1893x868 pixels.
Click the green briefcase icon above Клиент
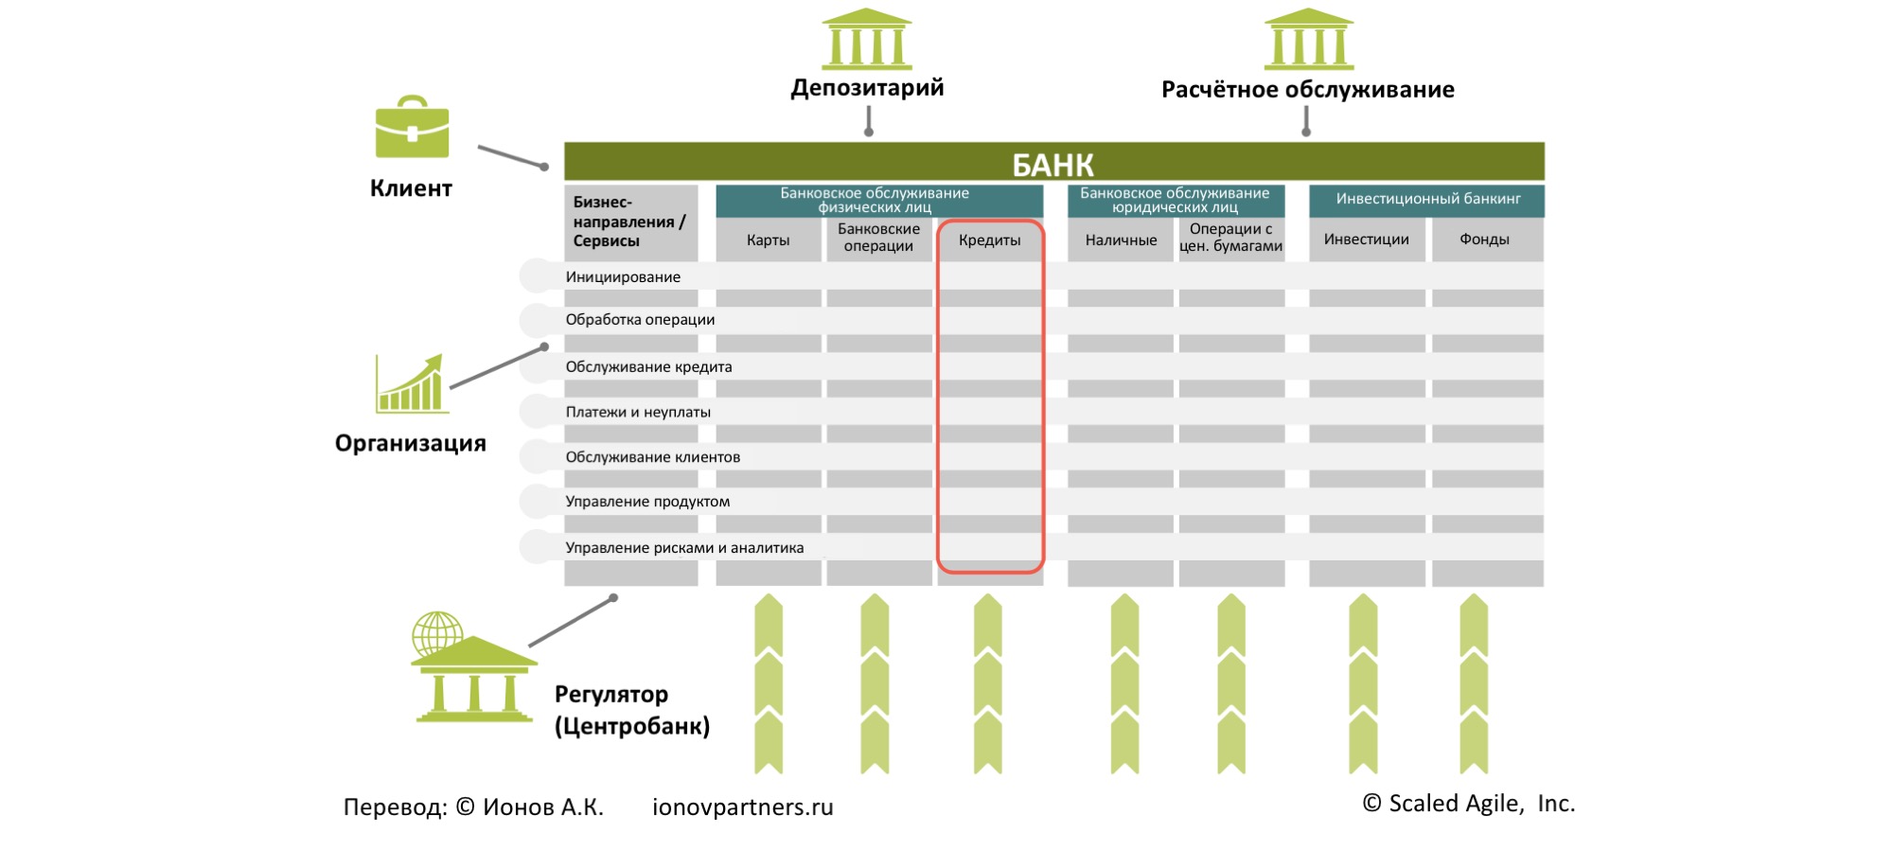(x=412, y=127)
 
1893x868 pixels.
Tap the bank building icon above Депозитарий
(x=867, y=40)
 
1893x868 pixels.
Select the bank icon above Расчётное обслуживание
(x=1309, y=40)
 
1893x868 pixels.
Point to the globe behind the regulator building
(x=436, y=631)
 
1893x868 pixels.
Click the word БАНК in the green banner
(x=1053, y=165)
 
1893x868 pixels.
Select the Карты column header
(x=768, y=240)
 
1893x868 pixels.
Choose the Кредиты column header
(x=989, y=240)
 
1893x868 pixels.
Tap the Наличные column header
(x=1121, y=240)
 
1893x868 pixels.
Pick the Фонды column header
(x=1484, y=239)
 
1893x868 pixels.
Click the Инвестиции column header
(x=1366, y=239)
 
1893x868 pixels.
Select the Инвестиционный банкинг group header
(x=1427, y=199)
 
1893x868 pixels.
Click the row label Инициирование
(x=623, y=277)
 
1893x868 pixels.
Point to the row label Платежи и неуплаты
(x=638, y=413)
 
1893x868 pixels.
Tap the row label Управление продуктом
(x=647, y=502)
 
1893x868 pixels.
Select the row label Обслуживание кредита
(x=648, y=367)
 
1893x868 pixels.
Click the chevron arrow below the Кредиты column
(x=987, y=683)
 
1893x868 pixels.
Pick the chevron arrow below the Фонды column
(x=1474, y=683)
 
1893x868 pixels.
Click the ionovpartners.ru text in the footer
(x=742, y=807)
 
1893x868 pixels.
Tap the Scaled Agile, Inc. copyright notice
(x=1468, y=804)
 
